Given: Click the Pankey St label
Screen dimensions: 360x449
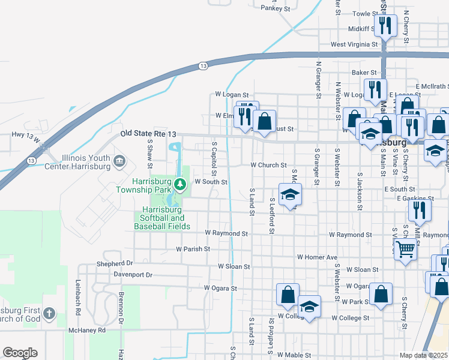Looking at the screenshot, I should (x=276, y=8).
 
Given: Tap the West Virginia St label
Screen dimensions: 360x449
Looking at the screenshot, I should (x=354, y=44).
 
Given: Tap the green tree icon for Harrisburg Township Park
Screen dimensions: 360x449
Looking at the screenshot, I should (x=178, y=182).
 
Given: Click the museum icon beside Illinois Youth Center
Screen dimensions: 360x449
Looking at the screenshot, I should (x=119, y=160).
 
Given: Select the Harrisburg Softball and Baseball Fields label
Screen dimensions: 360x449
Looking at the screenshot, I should (x=162, y=218).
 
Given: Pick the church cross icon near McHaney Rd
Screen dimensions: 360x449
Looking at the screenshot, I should (x=49, y=313).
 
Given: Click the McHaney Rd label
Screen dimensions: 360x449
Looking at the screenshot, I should (x=87, y=330).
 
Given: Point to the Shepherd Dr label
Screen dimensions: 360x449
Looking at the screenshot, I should (x=115, y=263).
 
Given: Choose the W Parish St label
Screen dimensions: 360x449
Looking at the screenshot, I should (x=193, y=248).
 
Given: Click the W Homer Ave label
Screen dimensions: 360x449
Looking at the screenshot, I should (x=317, y=257).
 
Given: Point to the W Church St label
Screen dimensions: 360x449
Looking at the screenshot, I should (x=268, y=165).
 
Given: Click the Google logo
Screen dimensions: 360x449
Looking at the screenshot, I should (x=20, y=353).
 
